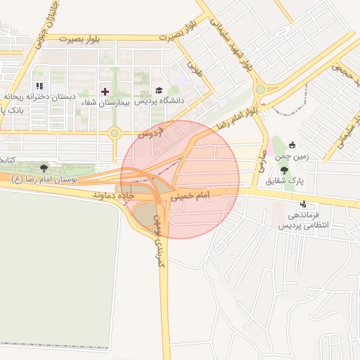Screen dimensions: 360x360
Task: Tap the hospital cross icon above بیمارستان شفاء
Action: pyautogui.click(x=105, y=91)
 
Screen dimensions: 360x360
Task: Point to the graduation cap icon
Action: pyautogui.click(x=159, y=91)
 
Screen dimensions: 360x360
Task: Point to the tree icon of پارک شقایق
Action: pyautogui.click(x=284, y=170)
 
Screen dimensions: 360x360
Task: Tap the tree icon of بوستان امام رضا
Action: pyautogui.click(x=44, y=169)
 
